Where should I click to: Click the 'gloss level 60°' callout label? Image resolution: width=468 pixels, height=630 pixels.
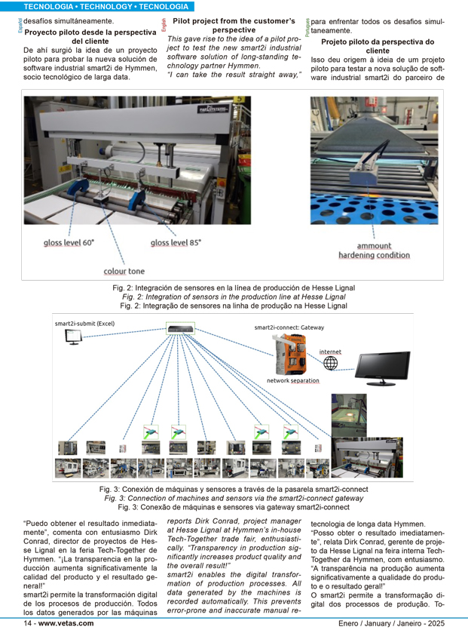tap(69, 242)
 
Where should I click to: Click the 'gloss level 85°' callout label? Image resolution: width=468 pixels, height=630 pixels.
tap(176, 242)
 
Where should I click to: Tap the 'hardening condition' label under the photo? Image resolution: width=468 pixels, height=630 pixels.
tap(374, 255)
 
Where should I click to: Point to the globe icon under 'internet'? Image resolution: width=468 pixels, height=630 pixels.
tap(330, 364)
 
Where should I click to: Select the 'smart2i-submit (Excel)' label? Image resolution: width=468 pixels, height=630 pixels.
tap(85, 324)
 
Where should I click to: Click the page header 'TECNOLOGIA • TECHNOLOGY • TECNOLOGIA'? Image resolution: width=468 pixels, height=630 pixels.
tap(96, 6)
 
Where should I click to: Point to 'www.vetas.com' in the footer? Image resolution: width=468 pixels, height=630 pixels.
tap(66, 623)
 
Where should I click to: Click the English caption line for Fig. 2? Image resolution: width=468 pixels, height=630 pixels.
tap(234, 297)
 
